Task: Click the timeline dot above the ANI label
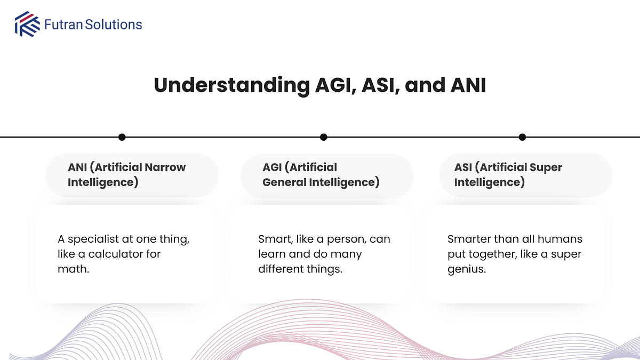pyautogui.click(x=122, y=137)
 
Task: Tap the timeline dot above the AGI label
pyautogui.click(x=323, y=137)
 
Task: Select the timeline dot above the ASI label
pyautogui.click(x=522, y=137)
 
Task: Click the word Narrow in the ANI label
pyautogui.click(x=165, y=167)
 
